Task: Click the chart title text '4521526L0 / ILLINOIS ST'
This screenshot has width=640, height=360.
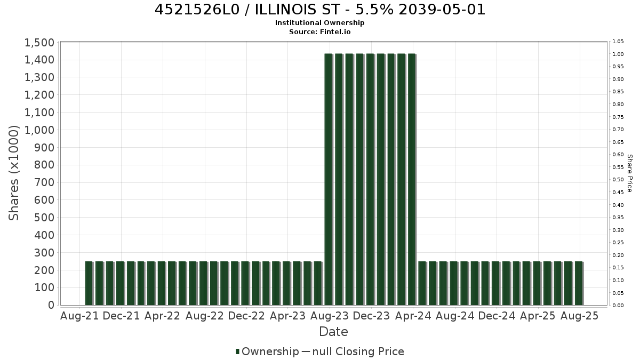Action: coord(247,10)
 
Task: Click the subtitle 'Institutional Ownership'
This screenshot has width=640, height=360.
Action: coord(319,23)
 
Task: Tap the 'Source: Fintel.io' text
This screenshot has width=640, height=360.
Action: coord(319,31)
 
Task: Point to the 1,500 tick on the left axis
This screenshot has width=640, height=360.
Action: coord(39,43)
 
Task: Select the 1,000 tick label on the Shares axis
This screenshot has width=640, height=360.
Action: coord(39,130)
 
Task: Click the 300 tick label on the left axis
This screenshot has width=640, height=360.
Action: coord(44,253)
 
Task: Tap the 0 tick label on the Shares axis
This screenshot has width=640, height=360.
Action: coord(51,305)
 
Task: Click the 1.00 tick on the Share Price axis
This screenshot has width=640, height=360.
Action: coord(618,54)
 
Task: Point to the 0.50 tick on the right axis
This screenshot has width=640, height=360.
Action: coord(618,180)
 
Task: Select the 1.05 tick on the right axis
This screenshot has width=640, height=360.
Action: coord(618,42)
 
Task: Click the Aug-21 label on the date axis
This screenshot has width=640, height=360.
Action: coord(79,316)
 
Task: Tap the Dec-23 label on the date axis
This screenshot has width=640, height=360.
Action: coord(371,316)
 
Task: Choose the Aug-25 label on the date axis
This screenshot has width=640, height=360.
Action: coord(579,316)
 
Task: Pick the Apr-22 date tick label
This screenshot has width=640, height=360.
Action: coord(162,316)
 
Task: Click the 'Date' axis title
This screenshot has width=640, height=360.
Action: coord(333,332)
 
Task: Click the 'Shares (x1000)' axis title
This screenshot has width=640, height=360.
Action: coord(13,173)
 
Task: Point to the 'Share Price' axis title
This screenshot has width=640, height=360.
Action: coord(630,173)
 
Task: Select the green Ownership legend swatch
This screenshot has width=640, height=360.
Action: coord(237,351)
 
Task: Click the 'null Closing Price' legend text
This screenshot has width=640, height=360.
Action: coord(358,351)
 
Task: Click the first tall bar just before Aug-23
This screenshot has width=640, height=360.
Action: coord(329,179)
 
